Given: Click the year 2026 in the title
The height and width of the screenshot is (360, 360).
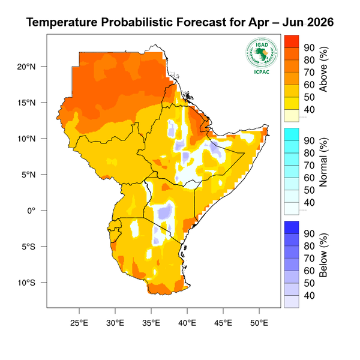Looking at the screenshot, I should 317,22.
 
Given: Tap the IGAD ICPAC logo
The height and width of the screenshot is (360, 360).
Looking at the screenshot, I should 261,55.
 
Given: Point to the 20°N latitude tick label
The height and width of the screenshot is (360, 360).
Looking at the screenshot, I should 28,67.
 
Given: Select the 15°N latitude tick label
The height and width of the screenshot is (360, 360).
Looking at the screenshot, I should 28,103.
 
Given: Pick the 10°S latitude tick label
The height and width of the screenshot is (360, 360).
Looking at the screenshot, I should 28,283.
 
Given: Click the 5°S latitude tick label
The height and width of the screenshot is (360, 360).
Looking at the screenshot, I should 29,247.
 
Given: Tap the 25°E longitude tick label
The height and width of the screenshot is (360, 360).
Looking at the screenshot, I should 79,322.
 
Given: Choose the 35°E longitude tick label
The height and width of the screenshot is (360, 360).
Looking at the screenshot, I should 151,322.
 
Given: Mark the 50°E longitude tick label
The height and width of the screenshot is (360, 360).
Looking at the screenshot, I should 259,322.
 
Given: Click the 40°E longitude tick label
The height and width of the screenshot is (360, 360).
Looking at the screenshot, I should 187,322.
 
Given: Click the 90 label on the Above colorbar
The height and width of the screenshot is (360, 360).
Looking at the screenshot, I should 309,47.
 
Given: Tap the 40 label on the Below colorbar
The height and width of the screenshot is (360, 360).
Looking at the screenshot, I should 309,295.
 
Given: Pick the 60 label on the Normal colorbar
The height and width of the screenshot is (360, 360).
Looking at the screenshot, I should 309,178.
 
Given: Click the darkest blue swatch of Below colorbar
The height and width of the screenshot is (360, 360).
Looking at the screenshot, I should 291,227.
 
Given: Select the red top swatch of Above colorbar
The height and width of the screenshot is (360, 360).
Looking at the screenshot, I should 291,41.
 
